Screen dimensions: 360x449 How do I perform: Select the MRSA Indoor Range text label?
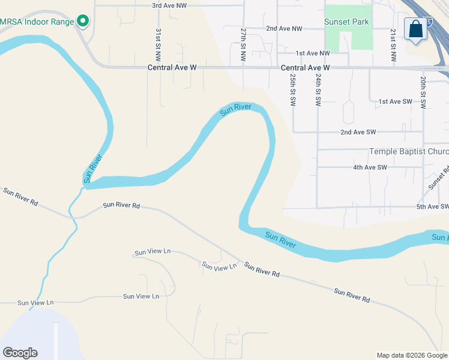point(36,22)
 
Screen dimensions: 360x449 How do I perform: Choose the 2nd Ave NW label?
point(284,28)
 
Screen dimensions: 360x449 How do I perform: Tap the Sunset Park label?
point(346,22)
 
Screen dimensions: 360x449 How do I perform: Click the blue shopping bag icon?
point(415,29)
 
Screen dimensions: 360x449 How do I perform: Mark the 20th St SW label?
point(423,91)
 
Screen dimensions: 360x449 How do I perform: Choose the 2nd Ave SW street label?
point(358,132)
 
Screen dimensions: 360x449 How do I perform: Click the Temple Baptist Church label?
point(408,152)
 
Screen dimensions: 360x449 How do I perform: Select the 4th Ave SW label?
point(370,167)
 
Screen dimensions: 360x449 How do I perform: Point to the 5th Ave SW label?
point(432,207)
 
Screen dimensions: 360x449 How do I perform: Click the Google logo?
point(20,353)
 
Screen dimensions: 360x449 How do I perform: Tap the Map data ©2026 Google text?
point(411,355)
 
